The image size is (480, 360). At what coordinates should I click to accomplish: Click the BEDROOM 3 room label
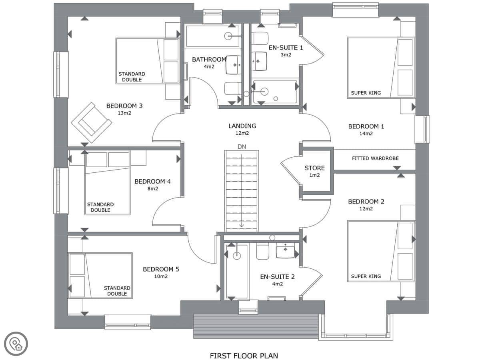point(124,106)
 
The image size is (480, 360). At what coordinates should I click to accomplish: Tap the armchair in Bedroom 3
point(92,123)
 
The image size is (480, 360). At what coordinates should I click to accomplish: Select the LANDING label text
point(242,126)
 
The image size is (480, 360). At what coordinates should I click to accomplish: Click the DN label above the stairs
point(242,147)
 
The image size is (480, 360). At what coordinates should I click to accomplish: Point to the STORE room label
point(314,168)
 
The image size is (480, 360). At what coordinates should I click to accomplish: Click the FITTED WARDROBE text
point(375,158)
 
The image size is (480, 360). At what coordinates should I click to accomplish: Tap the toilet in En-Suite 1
point(260,38)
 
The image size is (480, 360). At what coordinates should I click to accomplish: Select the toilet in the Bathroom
point(233,88)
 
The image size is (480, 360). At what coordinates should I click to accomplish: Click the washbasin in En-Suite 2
point(285,250)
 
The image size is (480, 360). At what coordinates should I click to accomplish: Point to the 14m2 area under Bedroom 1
point(366,134)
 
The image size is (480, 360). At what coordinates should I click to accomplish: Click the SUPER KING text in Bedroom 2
point(366,276)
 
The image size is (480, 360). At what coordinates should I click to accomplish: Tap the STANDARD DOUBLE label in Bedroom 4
point(100,207)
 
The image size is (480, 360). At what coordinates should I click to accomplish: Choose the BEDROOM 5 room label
point(161,269)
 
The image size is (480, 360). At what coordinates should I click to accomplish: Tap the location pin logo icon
point(16,344)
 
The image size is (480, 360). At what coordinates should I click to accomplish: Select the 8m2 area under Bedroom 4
point(153,189)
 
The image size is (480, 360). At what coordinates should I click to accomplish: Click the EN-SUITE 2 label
point(277,277)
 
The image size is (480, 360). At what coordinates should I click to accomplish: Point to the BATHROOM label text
point(209,60)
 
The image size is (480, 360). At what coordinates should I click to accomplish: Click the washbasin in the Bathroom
point(234,65)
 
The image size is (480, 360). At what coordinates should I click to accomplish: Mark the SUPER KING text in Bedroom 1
point(366,93)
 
